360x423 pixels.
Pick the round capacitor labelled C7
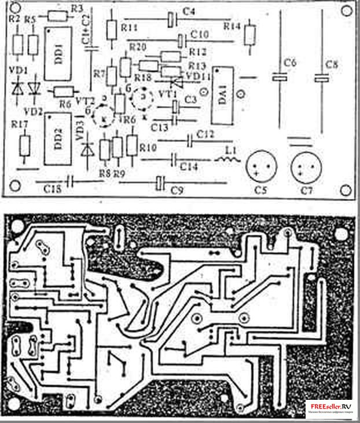click(304, 167)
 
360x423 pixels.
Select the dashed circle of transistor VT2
click(104, 115)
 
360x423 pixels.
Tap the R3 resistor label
click(77, 8)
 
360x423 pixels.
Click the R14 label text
click(232, 27)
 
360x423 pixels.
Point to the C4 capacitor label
click(189, 12)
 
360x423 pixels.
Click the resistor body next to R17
click(24, 147)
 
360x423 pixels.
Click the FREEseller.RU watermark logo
click(332, 409)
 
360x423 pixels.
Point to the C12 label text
click(206, 134)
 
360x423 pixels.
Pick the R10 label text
click(148, 148)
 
